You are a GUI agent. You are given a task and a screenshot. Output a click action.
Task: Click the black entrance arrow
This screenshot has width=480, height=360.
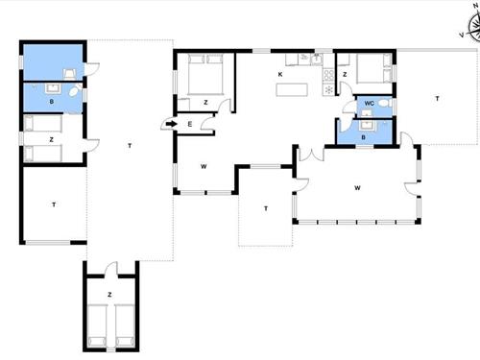pyautogui.click(x=172, y=124)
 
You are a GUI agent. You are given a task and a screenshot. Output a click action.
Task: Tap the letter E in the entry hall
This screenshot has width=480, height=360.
pyautogui.click(x=190, y=124)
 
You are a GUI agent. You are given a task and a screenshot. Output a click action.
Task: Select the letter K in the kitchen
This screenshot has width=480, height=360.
pyautogui.click(x=280, y=75)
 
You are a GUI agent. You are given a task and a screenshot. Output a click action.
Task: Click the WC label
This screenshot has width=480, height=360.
pyautogui.click(x=370, y=104)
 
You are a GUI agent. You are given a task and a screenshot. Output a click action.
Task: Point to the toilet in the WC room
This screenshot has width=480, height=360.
pyautogui.click(x=385, y=103)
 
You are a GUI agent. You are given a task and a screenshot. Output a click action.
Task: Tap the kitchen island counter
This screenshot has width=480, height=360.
pyautogui.click(x=292, y=89)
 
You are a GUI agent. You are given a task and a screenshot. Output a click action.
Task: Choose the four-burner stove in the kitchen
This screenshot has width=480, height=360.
pyautogui.click(x=328, y=76)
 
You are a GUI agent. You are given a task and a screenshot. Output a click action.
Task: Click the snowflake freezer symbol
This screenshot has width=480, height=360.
pyautogui.click(x=328, y=89)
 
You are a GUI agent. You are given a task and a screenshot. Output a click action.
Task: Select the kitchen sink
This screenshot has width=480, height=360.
pyautogui.click(x=317, y=60)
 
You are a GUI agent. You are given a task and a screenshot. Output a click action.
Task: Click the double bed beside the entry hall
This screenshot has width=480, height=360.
pyautogui.click(x=205, y=74)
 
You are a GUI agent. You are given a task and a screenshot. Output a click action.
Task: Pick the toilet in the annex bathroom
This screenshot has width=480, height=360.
pyautogui.click(x=75, y=91)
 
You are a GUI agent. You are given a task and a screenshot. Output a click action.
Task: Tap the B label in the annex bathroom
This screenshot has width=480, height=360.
pyautogui.click(x=52, y=102)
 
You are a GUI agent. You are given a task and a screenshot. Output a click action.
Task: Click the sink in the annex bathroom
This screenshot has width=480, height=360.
pyautogui.click(x=52, y=88)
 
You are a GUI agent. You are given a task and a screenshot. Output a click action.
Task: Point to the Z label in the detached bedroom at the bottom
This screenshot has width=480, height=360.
pyautogui.click(x=109, y=295)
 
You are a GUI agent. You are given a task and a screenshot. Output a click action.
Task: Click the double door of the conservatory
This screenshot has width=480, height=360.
pyautogui.click(x=311, y=155)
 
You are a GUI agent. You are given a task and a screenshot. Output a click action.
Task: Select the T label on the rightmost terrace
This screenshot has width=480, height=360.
pyautogui.click(x=437, y=99)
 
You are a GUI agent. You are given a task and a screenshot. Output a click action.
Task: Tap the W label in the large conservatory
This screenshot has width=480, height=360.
pyautogui.click(x=357, y=188)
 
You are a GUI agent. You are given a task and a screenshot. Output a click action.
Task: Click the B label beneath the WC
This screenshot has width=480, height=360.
pyautogui.click(x=363, y=137)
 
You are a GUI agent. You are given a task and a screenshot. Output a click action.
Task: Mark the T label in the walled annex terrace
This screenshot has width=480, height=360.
pyautogui.click(x=54, y=204)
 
